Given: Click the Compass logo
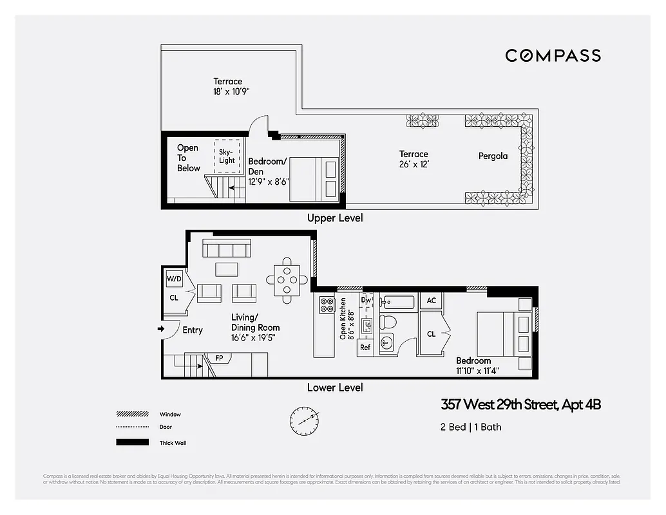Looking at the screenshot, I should point(553,56).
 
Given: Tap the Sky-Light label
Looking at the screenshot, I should point(227,156).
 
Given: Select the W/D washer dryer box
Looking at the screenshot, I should point(174,279).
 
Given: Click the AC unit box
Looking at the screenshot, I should point(431,301).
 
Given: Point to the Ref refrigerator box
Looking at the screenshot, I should point(365,347).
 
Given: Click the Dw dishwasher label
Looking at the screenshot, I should point(365,299).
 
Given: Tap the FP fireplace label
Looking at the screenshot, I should point(218,357).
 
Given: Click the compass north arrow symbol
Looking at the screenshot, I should point(303,420).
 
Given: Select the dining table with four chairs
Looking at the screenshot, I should point(286,280).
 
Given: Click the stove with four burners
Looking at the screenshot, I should point(327,304).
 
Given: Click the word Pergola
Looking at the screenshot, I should point(493,156).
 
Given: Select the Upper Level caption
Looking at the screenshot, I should point(335,218).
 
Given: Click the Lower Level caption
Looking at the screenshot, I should point(335,388).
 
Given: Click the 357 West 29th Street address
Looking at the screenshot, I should point(520,405).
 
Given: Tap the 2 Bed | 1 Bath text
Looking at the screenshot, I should point(470,427).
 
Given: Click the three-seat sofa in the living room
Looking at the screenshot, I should point(226,248).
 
